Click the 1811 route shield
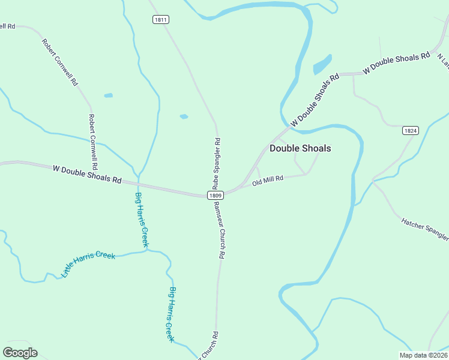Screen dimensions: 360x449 click(x=160, y=20)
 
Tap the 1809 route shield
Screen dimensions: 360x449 click(x=216, y=195)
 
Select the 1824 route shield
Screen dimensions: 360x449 click(x=411, y=130)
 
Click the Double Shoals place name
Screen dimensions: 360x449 click(x=300, y=148)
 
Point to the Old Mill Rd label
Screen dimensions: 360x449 click(x=268, y=181)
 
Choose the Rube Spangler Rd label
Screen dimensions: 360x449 click(x=217, y=163)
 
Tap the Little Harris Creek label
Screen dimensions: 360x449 click(x=88, y=264)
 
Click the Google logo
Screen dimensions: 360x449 click(x=20, y=353)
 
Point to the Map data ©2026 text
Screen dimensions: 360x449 click(x=423, y=355)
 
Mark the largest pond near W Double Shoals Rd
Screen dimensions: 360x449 click(x=322, y=64)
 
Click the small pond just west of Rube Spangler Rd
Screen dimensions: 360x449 click(x=184, y=116)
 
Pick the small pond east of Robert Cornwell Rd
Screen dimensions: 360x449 click(x=108, y=95)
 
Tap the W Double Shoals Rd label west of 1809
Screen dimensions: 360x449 click(x=87, y=175)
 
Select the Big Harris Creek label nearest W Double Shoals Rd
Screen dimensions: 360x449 click(x=141, y=220)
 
